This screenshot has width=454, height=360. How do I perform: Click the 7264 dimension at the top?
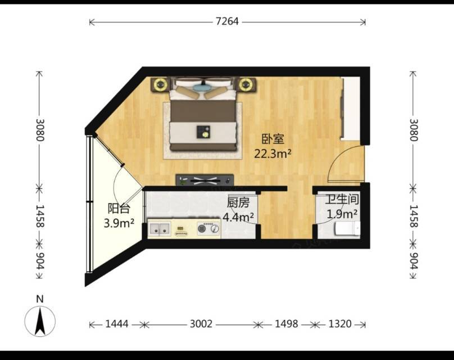click(x=227, y=21)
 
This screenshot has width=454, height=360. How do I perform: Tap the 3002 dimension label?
click(x=201, y=324)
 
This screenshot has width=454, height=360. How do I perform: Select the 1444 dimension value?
click(x=117, y=324)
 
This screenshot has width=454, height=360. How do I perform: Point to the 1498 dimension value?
click(x=287, y=324)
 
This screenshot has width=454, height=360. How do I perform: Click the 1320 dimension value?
click(x=340, y=324)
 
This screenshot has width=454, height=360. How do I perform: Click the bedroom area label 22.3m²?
click(x=273, y=154)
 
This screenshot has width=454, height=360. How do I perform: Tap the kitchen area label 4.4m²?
click(x=238, y=217)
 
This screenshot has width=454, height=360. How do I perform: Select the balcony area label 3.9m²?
click(x=119, y=223)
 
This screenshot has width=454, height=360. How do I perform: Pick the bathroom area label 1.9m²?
click(x=342, y=214)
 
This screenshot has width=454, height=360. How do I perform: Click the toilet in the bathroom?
click(x=347, y=228)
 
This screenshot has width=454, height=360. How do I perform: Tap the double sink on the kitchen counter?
click(x=159, y=229)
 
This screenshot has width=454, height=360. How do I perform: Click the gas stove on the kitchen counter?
click(x=208, y=228)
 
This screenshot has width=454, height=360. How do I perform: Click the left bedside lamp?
click(x=160, y=84)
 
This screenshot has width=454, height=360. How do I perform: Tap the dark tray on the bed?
click(x=203, y=132)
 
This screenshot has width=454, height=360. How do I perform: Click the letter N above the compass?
click(x=40, y=299)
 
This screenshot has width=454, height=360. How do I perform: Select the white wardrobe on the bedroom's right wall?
click(x=351, y=109)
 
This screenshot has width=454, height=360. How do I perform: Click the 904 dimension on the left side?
click(x=40, y=260)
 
